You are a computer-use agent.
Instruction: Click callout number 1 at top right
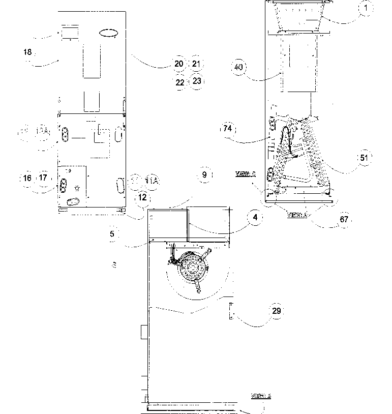[365, 8]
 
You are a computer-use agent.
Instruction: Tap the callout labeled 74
[227, 129]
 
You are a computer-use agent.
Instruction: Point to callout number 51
[364, 157]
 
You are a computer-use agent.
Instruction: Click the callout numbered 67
[344, 219]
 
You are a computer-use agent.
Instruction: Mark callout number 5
[112, 234]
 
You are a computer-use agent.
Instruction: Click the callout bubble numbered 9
[204, 175]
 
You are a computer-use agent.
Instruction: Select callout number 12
[142, 197]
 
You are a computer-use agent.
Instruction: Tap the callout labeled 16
[27, 178]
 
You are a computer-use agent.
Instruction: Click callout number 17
[43, 178]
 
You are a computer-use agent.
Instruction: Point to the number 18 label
[27, 52]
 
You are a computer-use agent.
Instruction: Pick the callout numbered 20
[179, 64]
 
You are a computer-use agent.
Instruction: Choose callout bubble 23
[197, 81]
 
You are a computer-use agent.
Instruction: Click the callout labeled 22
[179, 81]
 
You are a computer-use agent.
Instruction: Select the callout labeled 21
[196, 64]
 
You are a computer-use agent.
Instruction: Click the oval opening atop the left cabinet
[108, 33]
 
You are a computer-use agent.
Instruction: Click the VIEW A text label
[297, 215]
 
